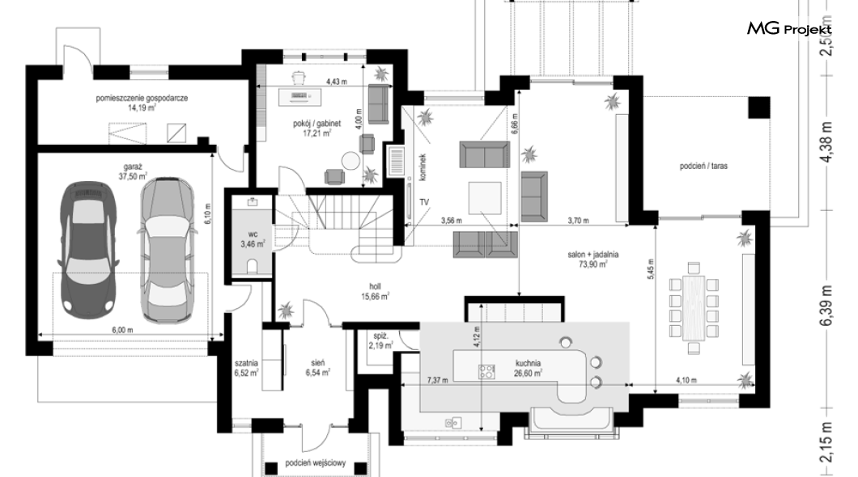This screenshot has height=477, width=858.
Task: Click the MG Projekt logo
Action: (789, 29)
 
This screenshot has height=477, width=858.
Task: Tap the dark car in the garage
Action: (87, 250)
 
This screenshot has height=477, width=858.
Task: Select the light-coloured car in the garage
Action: (167, 250)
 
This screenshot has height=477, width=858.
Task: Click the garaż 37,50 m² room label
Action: (133, 171)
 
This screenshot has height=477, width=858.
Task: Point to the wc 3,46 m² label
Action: (253, 238)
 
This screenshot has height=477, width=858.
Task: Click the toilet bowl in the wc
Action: (253, 267)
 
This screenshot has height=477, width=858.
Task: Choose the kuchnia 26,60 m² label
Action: (528, 369)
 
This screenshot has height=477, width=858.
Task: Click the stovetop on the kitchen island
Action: (486, 372)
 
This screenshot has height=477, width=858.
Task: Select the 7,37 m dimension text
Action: (436, 380)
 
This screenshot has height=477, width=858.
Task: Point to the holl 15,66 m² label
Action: (375, 291)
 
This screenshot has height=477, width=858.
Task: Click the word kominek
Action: (423, 167)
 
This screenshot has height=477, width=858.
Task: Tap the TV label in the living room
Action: (424, 202)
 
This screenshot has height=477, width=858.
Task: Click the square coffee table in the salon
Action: (485, 198)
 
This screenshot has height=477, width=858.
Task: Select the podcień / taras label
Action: (703, 166)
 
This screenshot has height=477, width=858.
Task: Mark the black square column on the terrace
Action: (759, 108)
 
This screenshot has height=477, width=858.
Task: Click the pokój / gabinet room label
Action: (316, 128)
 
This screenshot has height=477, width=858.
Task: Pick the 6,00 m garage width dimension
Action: (122, 330)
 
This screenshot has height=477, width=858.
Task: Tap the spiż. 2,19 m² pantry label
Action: (380, 340)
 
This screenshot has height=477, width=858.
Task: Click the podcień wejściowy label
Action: (316, 463)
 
